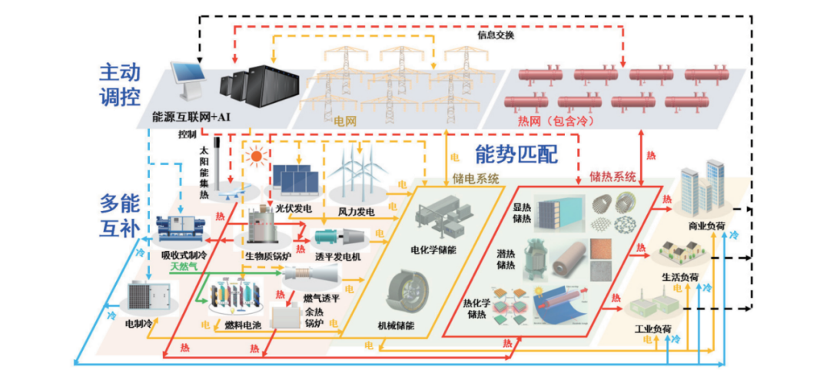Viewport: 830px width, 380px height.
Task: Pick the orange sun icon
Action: pos(256,157)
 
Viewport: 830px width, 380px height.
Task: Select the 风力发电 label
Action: pos(356,211)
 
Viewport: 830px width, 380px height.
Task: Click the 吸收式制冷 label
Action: pos(181,254)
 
